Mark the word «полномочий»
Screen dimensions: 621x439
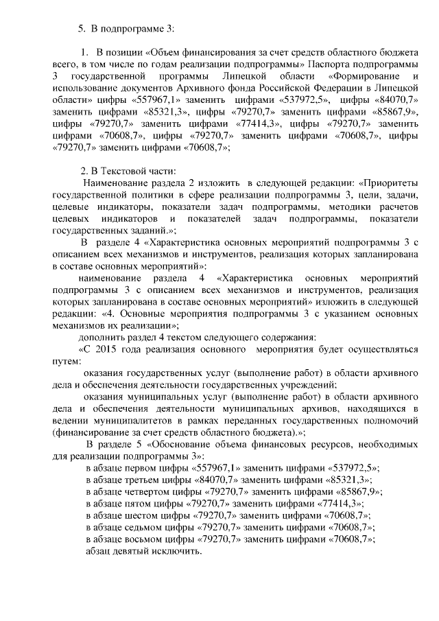click(x=390, y=421)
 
